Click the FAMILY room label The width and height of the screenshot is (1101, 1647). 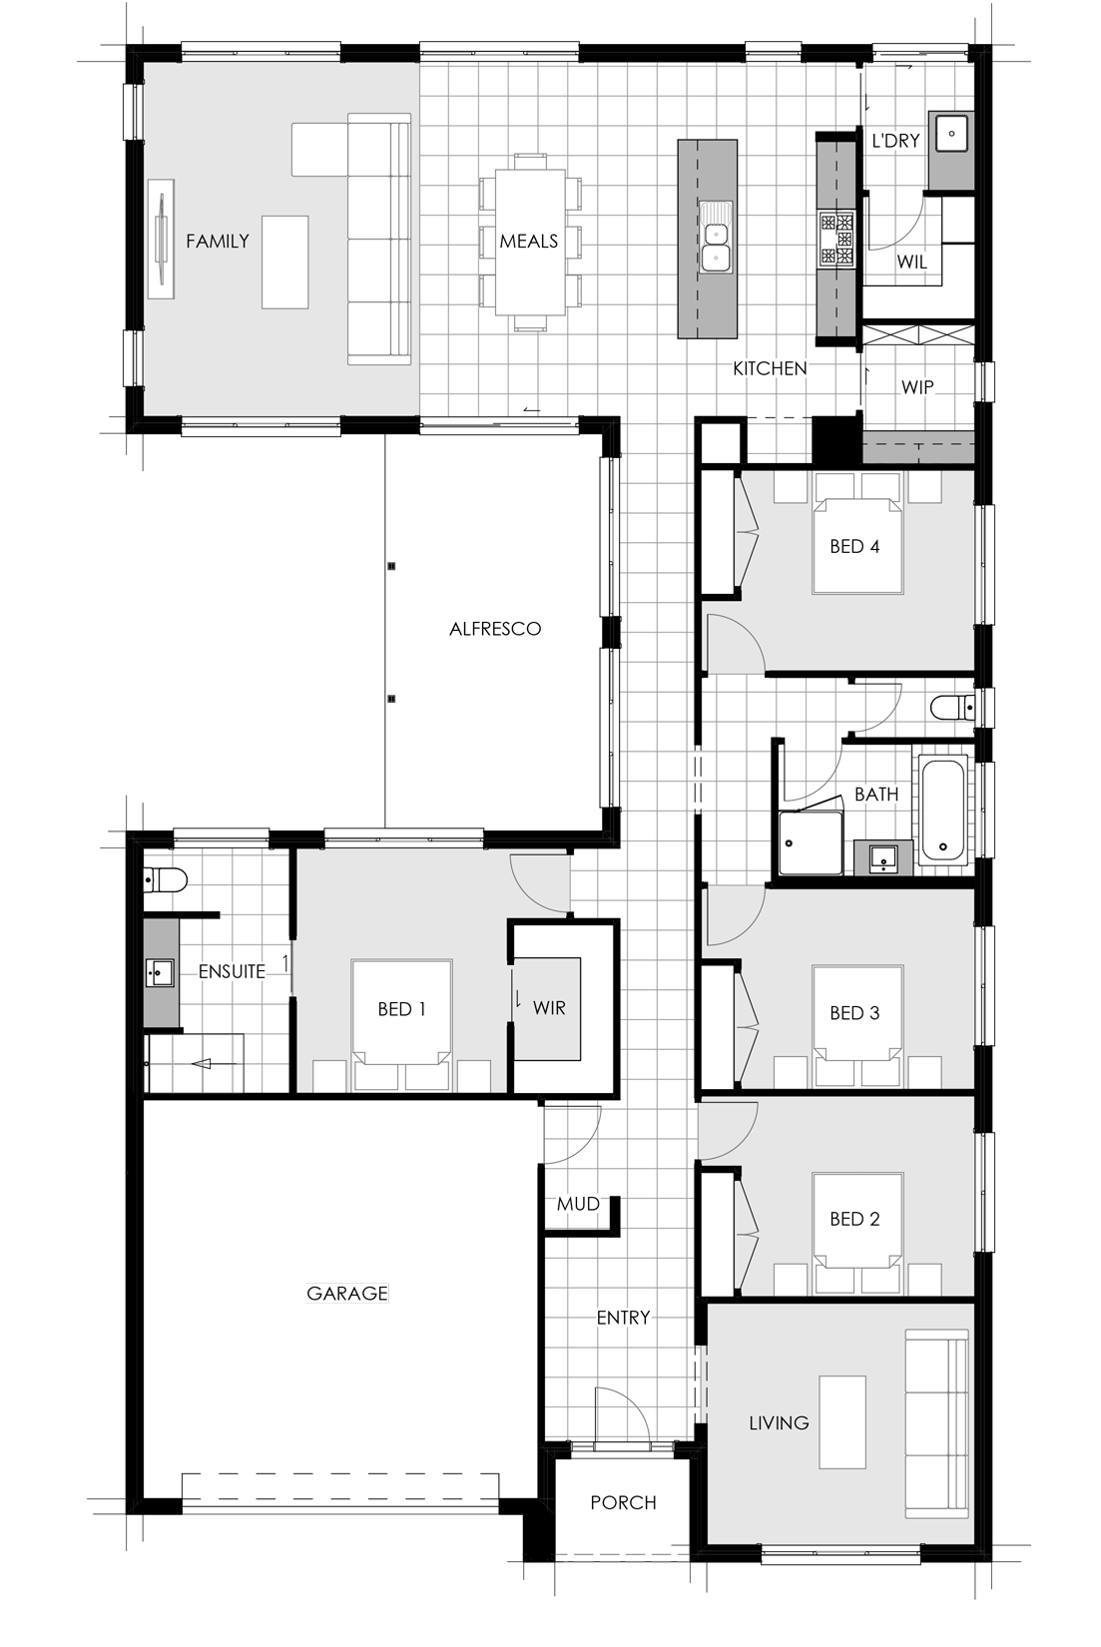(x=217, y=241)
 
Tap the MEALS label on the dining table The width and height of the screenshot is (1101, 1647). (x=529, y=241)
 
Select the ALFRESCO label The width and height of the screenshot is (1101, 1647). (x=495, y=629)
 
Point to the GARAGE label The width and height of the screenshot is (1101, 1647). (x=347, y=1293)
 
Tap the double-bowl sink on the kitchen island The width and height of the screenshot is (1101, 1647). (x=714, y=236)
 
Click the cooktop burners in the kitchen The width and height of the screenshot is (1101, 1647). (x=837, y=239)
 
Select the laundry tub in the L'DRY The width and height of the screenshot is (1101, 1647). (x=951, y=134)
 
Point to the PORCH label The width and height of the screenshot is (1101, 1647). (x=623, y=1502)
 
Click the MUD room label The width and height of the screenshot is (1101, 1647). (x=577, y=1204)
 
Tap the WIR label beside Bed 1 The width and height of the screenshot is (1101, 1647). (x=549, y=1008)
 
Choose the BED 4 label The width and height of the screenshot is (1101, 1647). (x=854, y=546)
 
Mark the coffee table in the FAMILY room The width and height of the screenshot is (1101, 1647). (x=284, y=262)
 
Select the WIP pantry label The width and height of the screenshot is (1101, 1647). (x=917, y=386)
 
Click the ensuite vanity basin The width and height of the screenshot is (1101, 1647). (x=160, y=972)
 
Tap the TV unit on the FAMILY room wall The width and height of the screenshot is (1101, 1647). (x=161, y=239)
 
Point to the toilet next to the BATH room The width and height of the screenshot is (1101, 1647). (x=951, y=708)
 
